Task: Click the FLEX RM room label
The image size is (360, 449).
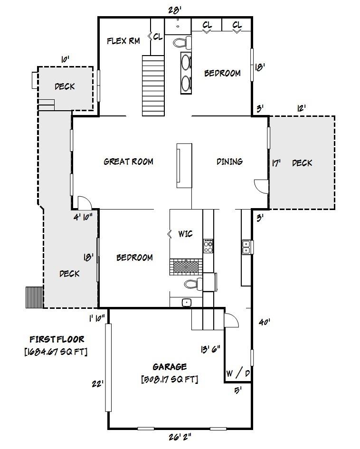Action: (x=123, y=41)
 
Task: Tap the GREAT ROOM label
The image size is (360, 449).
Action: (x=128, y=162)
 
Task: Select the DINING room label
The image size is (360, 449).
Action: (x=229, y=162)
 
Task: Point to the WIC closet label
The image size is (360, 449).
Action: (x=185, y=234)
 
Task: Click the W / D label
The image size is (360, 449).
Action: (x=238, y=373)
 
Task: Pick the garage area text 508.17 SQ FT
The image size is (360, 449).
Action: (x=170, y=379)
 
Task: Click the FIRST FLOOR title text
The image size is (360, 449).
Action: (x=57, y=339)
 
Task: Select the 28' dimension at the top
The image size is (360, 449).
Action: (x=175, y=9)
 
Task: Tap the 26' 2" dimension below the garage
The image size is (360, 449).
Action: (x=180, y=436)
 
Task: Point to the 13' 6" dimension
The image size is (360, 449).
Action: (x=210, y=349)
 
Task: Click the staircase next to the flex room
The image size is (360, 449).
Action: (x=152, y=85)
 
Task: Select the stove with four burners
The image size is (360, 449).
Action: (x=208, y=246)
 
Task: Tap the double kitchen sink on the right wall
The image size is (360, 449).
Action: (x=247, y=247)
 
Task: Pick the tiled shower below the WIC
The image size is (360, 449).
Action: (x=186, y=267)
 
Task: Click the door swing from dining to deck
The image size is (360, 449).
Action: (x=260, y=186)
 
